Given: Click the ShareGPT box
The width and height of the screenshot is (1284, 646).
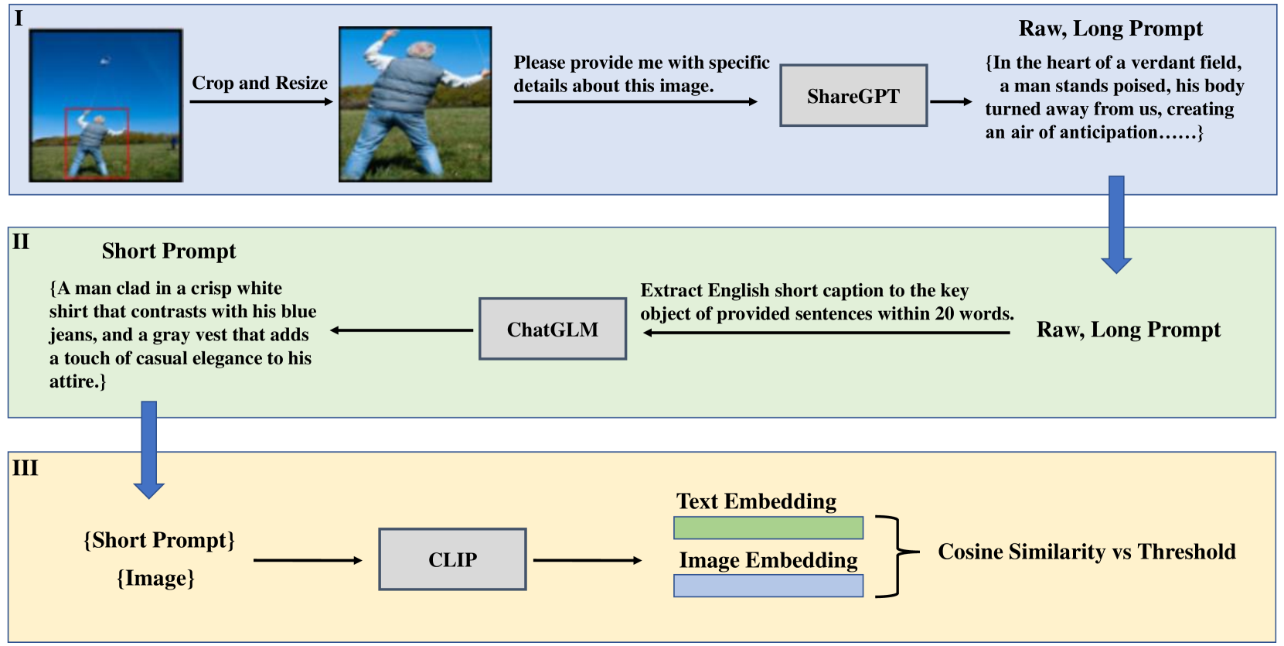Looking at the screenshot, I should click(853, 96).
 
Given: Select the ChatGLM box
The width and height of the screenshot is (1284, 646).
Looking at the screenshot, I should click(552, 330).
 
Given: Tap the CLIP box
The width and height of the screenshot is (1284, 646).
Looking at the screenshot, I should click(452, 559).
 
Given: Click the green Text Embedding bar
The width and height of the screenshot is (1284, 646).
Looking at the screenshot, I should click(768, 528).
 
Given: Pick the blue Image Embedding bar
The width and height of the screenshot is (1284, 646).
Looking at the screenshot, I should click(768, 586).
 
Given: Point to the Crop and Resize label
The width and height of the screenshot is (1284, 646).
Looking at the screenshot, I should click(260, 83).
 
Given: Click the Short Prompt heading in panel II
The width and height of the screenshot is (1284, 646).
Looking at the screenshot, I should click(169, 251).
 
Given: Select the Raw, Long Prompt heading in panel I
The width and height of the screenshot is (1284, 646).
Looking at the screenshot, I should click(1110, 29).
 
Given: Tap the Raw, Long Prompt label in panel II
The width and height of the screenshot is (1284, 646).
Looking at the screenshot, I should click(1128, 330).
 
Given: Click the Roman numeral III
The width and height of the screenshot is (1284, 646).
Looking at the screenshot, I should click(25, 468).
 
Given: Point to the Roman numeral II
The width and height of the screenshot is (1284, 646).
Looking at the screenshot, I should click(21, 242).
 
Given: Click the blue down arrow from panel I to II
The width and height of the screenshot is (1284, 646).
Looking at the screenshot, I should click(1115, 224).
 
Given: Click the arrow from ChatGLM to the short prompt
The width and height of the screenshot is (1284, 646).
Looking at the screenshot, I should click(402, 330).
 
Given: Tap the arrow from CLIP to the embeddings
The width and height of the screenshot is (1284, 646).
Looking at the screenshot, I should click(587, 560).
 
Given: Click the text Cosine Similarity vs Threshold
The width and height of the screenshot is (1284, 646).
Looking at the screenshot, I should click(1086, 552).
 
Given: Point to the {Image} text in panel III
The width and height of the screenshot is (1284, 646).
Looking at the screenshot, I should click(155, 578).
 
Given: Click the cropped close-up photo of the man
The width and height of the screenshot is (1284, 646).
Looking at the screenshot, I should click(415, 104).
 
